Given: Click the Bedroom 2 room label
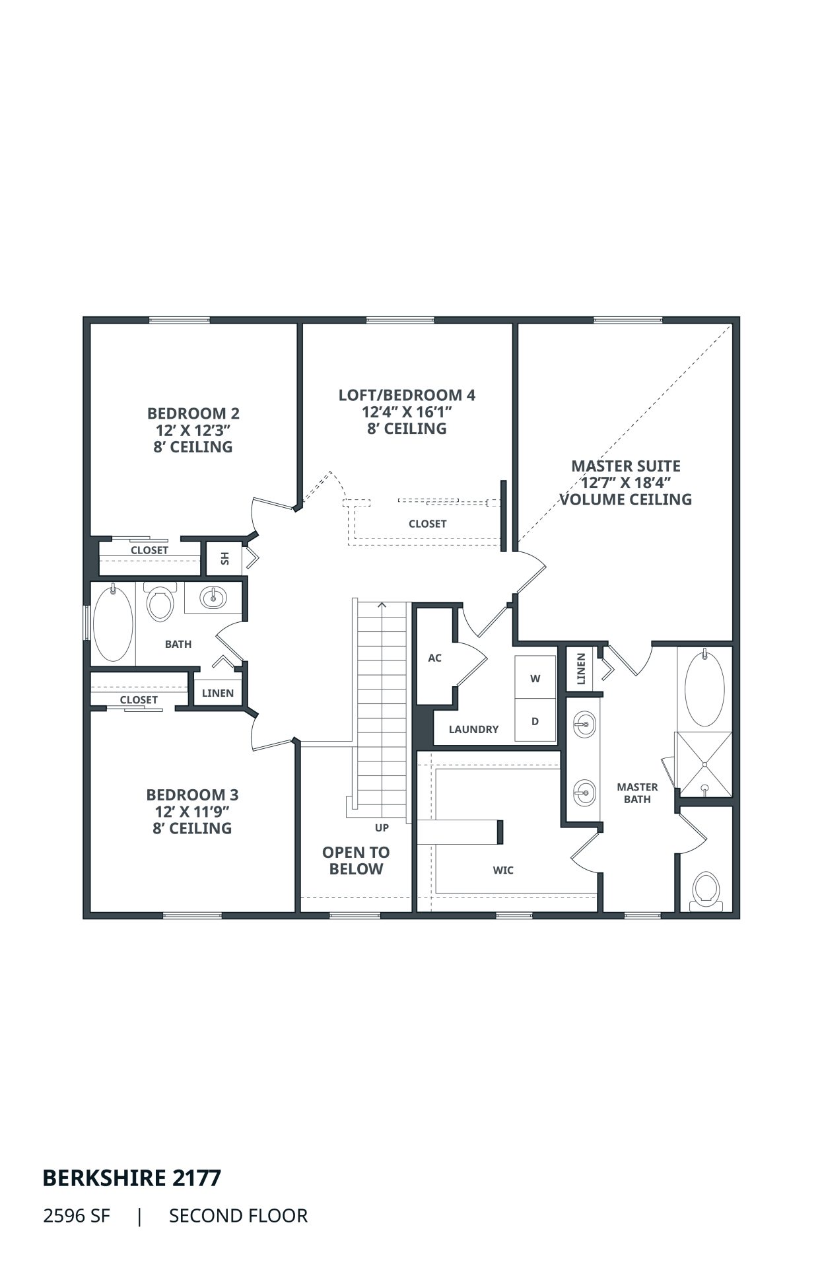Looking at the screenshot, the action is click(193, 413).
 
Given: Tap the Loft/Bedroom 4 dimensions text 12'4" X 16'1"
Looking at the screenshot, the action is click(407, 412).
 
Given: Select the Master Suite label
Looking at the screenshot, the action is click(626, 466).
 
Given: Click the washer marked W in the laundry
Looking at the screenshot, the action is click(535, 678).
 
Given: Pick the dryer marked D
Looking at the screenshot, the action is click(535, 721).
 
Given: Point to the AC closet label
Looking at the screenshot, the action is click(434, 658).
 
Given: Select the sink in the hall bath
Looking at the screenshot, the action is click(213, 598).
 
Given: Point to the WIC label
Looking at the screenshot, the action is click(503, 870).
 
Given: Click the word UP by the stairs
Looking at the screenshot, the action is click(382, 828).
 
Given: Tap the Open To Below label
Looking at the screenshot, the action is click(356, 861).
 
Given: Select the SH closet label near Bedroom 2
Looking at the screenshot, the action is click(225, 558).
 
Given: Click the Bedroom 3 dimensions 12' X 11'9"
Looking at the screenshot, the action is click(193, 811).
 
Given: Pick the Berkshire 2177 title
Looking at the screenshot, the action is click(132, 1178).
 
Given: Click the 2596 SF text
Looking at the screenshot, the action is click(77, 1216).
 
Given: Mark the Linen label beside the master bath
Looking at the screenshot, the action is click(581, 669).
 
